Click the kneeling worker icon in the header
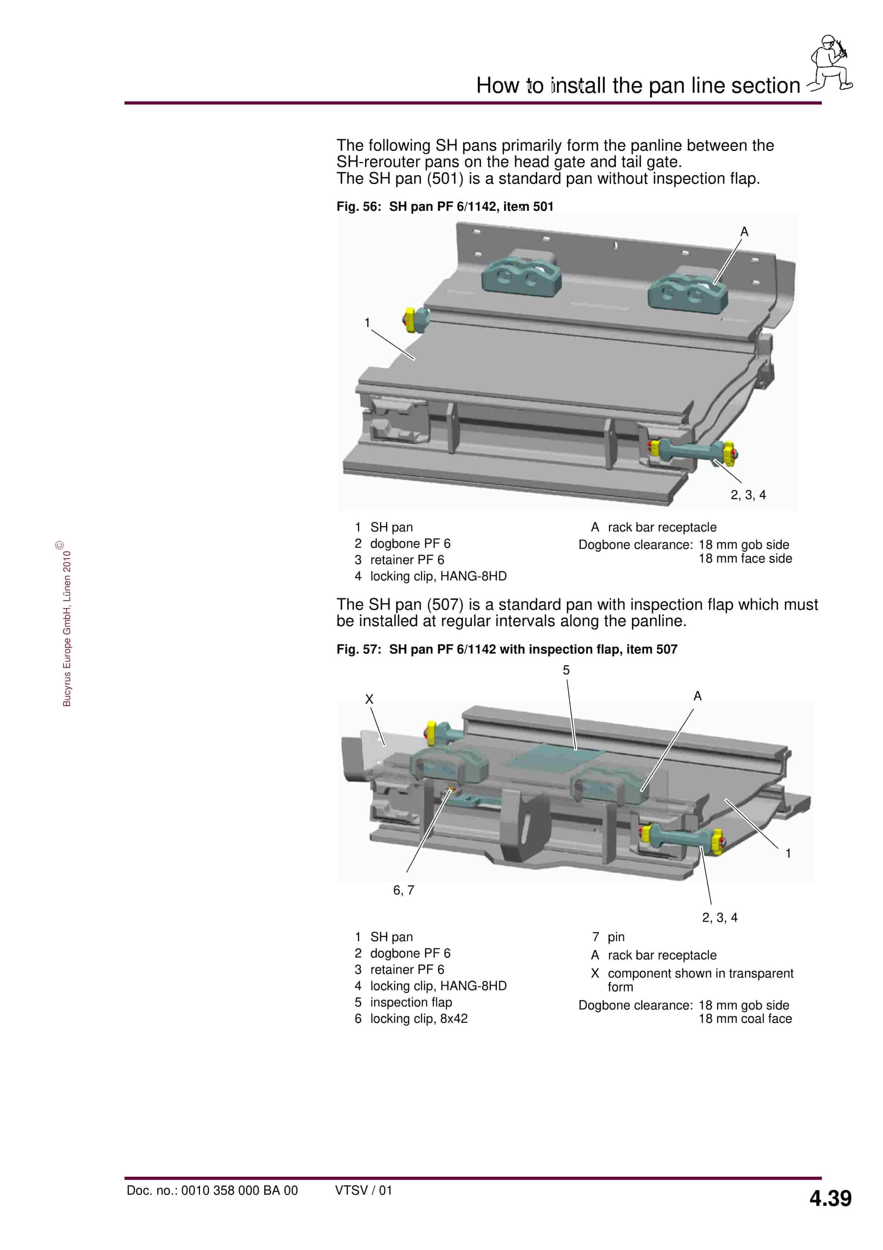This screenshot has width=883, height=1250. pos(829,63)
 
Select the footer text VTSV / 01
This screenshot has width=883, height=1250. pos(364,1190)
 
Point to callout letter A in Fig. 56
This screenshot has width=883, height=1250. pos(744,232)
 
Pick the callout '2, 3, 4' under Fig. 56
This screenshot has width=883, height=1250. pos(748,495)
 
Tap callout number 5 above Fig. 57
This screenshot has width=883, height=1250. pos(566,670)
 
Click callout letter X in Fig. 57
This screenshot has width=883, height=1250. pos(369,699)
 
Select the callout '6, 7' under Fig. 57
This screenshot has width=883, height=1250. pos(403,890)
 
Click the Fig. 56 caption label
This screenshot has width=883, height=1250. pos(445,207)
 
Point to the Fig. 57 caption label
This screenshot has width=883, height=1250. pos(507,649)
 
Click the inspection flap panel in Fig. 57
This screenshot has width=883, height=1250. pos(555,756)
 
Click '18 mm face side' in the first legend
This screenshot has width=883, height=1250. pos(745,559)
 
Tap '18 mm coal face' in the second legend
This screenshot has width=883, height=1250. pos(745,1019)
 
